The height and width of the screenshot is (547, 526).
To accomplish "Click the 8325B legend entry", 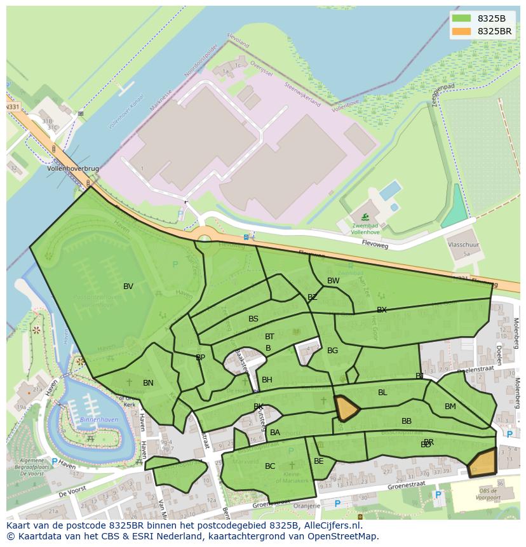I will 481,18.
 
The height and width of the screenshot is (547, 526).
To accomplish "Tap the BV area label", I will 128,287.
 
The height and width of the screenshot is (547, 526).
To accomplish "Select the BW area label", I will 333,281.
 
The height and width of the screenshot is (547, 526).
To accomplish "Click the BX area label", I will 381,310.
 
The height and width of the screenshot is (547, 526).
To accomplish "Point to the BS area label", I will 253,319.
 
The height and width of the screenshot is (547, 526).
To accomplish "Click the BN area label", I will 148,383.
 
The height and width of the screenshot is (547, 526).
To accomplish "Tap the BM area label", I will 450,407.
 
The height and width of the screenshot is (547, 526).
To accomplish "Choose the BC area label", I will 270,466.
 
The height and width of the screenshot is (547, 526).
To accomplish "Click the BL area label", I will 382,393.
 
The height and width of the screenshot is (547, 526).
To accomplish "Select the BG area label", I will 332,351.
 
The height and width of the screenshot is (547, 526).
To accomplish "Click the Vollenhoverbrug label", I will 73,170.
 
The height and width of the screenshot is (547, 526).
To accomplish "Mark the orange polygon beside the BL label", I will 346,407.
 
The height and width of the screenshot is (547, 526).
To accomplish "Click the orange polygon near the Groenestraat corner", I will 483,463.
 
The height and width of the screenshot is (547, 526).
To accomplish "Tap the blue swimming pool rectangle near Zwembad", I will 390,190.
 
